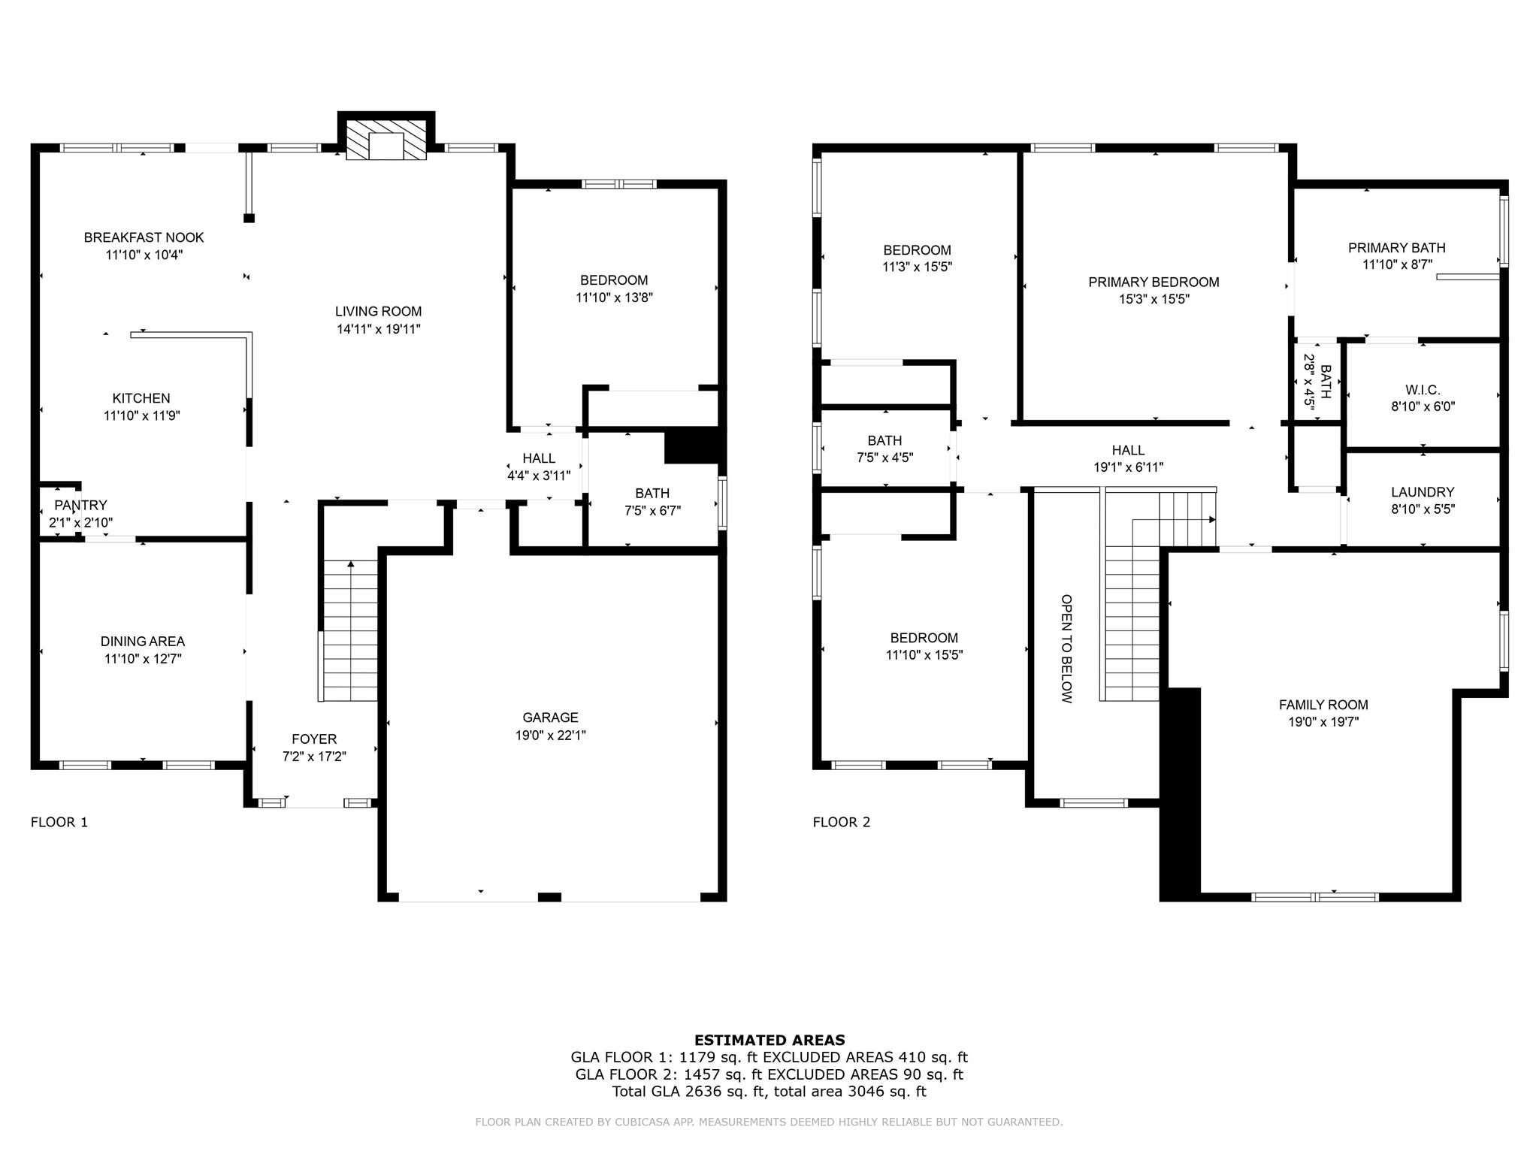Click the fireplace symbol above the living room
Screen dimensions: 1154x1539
386,139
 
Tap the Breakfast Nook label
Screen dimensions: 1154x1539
144,237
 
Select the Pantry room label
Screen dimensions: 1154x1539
80,505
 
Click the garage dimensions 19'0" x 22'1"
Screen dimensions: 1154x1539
550,736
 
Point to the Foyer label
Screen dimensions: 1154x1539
314,739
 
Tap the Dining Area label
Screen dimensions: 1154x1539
143,642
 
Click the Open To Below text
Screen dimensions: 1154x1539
1066,648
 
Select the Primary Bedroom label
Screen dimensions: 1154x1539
1153,282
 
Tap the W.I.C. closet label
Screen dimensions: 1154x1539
1423,390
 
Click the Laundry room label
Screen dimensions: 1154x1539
1423,492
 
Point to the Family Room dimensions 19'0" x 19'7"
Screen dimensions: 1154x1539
1323,722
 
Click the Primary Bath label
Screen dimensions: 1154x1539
1396,248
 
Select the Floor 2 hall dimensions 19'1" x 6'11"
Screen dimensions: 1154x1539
1128,467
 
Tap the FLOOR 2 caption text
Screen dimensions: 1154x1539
841,822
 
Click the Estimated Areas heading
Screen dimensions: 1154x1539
769,1041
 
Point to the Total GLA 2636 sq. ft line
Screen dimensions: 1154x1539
769,1092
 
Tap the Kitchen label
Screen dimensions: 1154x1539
141,398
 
